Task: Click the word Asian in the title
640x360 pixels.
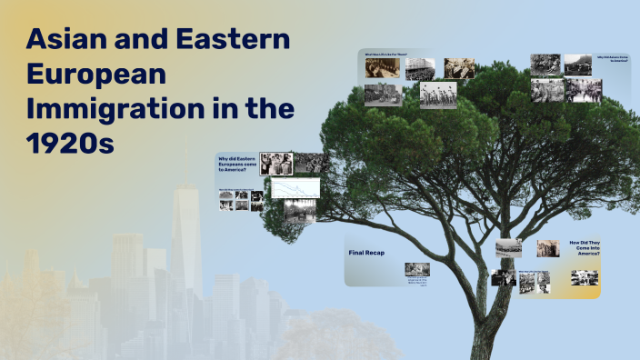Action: [x=69, y=40]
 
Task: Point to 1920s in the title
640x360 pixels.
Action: [x=70, y=143]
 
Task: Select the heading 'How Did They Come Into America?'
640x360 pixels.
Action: [x=584, y=248]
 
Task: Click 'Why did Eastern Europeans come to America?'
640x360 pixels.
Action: [x=235, y=165]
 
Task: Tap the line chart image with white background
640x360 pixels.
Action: [x=295, y=187]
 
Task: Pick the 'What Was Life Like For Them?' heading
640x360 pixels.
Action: [x=386, y=55]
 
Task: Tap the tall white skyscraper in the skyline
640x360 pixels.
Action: [x=186, y=227]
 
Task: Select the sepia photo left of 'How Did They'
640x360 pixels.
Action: [x=547, y=248]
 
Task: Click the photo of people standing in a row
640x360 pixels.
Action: [x=438, y=95]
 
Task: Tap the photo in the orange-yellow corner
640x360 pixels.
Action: [x=585, y=277]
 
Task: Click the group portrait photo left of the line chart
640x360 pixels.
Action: [x=275, y=164]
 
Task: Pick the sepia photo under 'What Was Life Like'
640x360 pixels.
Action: [x=382, y=68]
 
